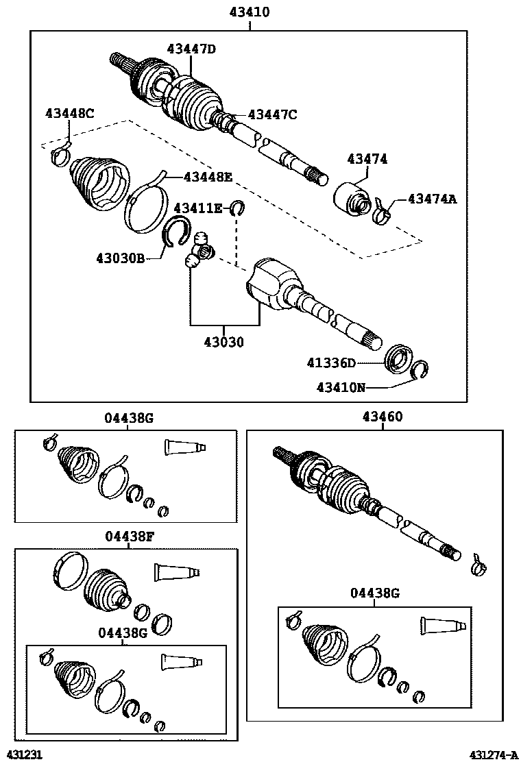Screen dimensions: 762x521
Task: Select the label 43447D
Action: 191,49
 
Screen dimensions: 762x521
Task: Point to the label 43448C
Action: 69,114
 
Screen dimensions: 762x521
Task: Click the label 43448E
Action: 208,177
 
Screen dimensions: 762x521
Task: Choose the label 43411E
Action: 197,208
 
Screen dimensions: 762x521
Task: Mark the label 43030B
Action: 120,258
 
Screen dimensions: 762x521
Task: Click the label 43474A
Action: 432,199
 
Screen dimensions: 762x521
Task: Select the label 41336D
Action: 331,362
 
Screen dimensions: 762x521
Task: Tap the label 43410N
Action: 341,387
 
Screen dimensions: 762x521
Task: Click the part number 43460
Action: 383,417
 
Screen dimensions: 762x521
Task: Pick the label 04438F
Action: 129,537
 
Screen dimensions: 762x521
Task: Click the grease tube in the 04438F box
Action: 176,571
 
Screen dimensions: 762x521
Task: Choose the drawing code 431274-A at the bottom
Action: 493,754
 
